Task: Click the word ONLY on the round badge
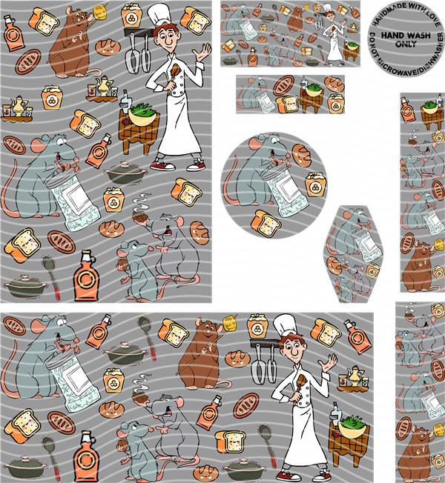pos(406,44)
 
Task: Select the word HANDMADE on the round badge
pos(388,14)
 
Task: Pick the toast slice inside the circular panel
pos(266,223)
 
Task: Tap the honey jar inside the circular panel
pos(315,184)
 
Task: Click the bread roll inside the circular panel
pos(302,155)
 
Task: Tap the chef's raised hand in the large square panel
pos(202,52)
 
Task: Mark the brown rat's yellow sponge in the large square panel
pos(99,12)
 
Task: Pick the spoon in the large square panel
pos(51,276)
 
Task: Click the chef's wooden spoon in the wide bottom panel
pos(300,388)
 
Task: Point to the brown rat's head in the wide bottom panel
pos(207,329)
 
